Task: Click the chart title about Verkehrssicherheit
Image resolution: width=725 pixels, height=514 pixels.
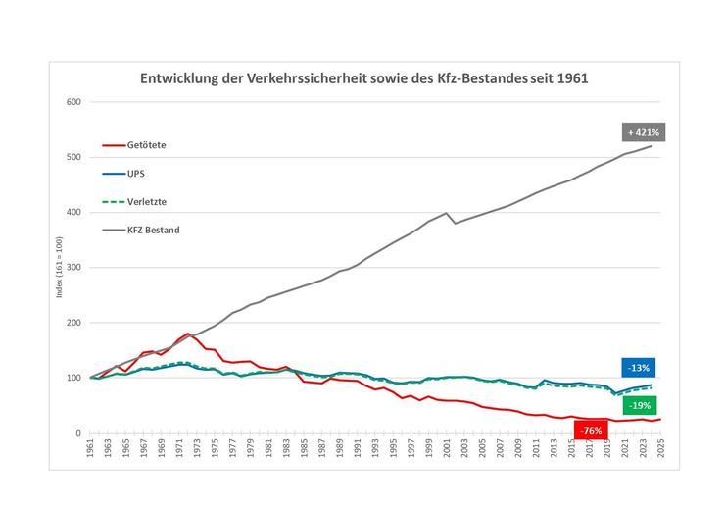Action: (363, 77)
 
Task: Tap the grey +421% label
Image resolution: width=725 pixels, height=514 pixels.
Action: (644, 130)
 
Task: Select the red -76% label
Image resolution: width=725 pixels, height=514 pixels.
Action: (591, 430)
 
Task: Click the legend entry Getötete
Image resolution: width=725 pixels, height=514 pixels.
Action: (147, 145)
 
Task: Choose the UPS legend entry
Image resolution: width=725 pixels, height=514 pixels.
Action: (136, 173)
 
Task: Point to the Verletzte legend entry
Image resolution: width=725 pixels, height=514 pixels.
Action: (147, 201)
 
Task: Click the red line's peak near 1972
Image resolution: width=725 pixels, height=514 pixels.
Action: (187, 334)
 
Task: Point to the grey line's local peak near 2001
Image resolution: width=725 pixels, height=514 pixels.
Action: (447, 213)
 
